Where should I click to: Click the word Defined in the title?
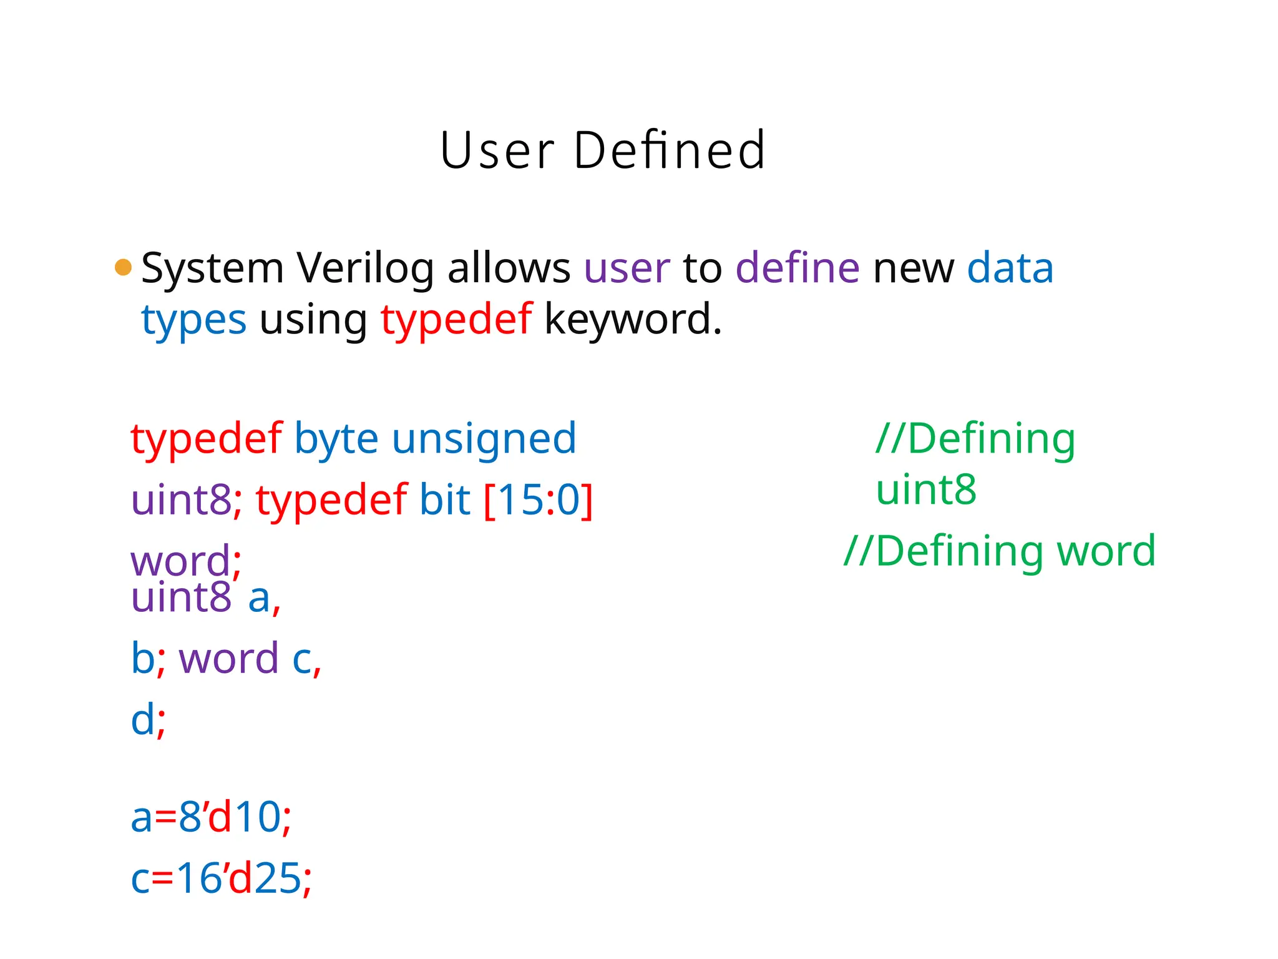tap(669, 150)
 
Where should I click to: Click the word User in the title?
tap(497, 150)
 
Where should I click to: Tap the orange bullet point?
tap(124, 267)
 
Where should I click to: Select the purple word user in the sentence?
tap(627, 268)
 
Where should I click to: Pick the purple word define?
tap(798, 268)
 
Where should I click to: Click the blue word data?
tap(1010, 268)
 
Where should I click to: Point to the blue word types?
tap(193, 320)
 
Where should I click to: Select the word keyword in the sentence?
tap(632, 320)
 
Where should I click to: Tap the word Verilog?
tap(365, 268)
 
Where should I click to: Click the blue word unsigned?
tap(484, 439)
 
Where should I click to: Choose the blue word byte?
tap(336, 439)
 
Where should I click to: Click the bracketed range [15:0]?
tap(538, 500)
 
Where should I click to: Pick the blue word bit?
tap(444, 500)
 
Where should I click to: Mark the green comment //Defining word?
tap(999, 551)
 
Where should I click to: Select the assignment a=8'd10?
tap(211, 817)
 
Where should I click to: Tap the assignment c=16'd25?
tap(221, 878)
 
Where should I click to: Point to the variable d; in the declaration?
tap(148, 720)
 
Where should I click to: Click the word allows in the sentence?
tap(509, 268)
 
